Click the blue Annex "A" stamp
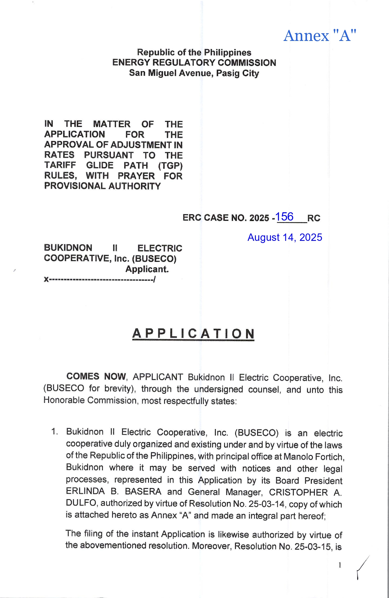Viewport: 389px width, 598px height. [x=320, y=36]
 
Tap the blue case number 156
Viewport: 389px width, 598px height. [x=284, y=217]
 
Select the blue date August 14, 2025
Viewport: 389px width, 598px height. [x=285, y=237]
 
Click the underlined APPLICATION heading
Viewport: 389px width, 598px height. [x=193, y=334]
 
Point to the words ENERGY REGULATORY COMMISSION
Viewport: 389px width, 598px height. [x=194, y=63]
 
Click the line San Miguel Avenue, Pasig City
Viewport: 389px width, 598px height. [x=194, y=73]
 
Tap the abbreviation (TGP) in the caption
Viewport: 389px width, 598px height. [x=170, y=166]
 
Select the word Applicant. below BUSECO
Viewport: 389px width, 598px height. [x=147, y=269]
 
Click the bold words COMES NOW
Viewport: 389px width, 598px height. [x=96, y=377]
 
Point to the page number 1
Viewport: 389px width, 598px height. [x=340, y=565]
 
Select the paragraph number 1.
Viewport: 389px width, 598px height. [x=54, y=432]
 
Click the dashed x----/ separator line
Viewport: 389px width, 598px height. [x=100, y=280]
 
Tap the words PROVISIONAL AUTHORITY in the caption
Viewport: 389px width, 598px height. [x=102, y=186]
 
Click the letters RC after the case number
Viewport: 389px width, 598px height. [x=314, y=218]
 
